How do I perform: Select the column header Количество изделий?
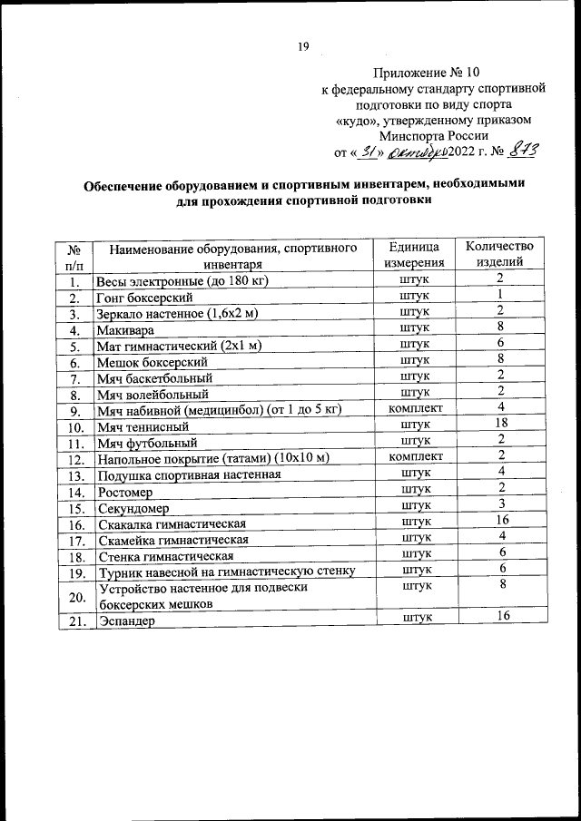(499, 254)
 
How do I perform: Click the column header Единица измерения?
(415, 254)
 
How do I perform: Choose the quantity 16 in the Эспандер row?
(499, 616)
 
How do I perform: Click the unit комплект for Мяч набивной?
(415, 408)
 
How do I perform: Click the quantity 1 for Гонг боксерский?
(499, 295)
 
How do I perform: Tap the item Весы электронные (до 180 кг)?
(180, 280)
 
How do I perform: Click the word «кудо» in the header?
(360, 120)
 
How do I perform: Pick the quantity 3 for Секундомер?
(499, 505)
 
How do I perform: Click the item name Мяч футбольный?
(147, 444)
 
